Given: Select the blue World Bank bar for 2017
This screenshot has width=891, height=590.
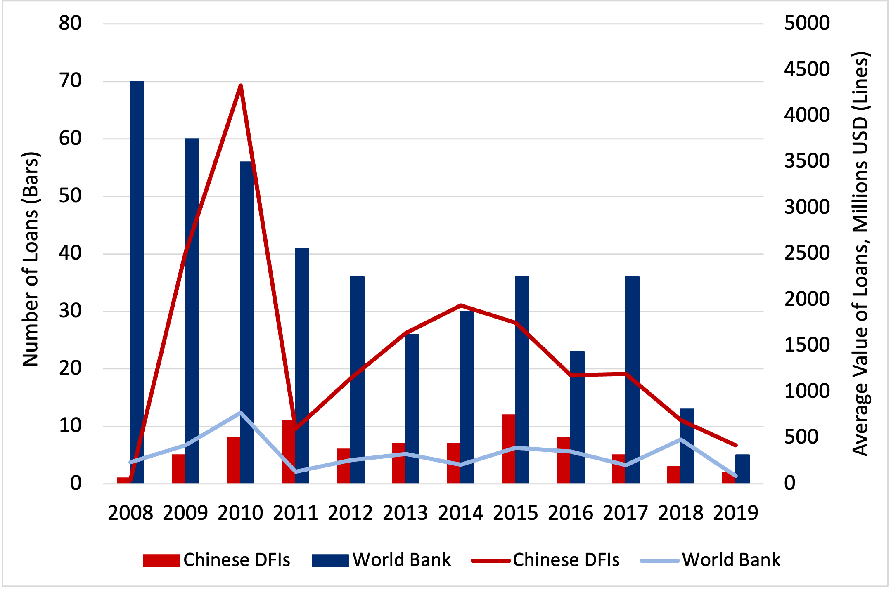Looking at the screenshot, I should coord(632,380).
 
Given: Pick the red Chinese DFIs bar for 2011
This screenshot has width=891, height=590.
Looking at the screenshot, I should coord(289,452).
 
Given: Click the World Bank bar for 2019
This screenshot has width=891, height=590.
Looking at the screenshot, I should coord(742,469).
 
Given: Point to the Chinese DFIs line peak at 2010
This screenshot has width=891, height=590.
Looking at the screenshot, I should coord(241,85).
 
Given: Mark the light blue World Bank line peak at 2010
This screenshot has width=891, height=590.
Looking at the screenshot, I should coord(241,412).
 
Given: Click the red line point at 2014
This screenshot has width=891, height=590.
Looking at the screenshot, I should coord(461,305).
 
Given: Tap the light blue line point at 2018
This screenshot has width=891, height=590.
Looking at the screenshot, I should coord(680,439).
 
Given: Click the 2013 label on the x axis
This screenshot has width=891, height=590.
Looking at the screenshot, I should coord(405,513).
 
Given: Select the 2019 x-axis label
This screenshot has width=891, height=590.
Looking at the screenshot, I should coord(736,513).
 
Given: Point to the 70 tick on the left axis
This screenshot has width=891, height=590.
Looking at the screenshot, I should coord(70,81).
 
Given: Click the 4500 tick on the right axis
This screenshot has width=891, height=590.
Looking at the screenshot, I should coord(807,69).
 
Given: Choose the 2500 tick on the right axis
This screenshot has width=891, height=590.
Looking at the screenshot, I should coord(807,253).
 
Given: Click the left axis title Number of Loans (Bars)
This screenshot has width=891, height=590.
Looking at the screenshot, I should coord(31,259).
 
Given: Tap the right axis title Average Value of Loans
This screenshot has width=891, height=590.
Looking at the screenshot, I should coord(861,254).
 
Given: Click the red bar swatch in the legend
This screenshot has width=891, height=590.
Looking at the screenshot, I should coord(161,560).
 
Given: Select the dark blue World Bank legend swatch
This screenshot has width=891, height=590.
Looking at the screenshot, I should coord(330,560).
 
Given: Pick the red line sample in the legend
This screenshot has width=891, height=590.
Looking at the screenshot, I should coord(491,560).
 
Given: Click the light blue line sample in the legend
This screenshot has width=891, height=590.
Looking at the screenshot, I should coord(659,560).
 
